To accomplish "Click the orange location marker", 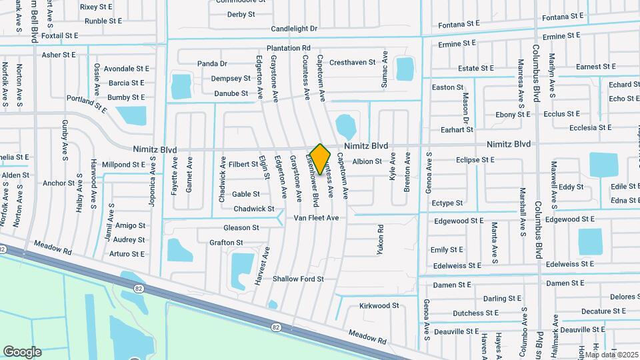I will (321, 159).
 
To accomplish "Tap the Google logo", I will (22, 351).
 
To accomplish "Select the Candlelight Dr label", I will (294, 29).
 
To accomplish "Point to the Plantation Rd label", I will (289, 48).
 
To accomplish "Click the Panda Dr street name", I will (212, 64).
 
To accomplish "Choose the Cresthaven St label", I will (353, 62).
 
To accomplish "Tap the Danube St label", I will (231, 94).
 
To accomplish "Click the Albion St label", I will (367, 161).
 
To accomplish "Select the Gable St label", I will (246, 194).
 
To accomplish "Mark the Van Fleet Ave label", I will (317, 218).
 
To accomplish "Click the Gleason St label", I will (241, 227).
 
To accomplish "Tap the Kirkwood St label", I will (379, 306).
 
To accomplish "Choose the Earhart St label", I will (447, 129).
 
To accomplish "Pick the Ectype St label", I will (447, 203).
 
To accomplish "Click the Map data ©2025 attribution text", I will (611, 355).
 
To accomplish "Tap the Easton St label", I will (447, 87).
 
